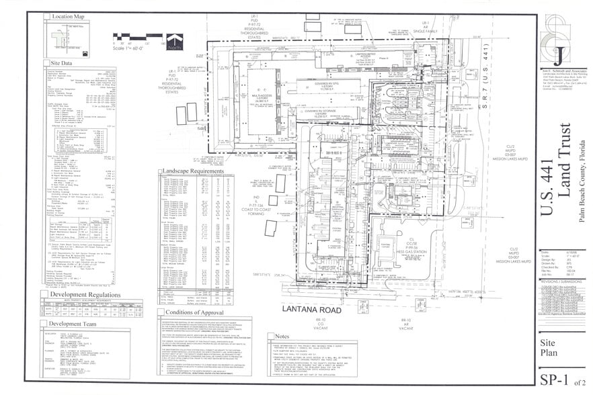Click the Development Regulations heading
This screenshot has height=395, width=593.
[x=81, y=294]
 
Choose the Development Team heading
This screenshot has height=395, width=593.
[x=73, y=324]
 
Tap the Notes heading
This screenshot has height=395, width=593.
[x=283, y=337]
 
